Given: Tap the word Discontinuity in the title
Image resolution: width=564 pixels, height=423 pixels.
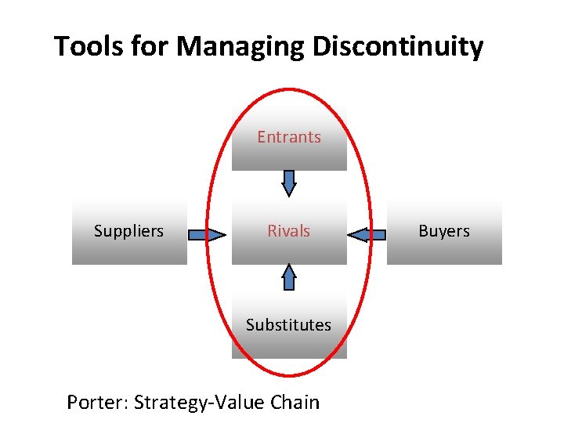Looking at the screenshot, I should coord(398,47).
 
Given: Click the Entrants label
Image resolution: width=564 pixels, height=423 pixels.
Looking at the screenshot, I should coord(289,137).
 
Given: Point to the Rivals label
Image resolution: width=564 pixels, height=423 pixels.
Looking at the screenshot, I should coord(289,231).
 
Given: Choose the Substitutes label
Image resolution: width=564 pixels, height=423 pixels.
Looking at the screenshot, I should coord(288,324).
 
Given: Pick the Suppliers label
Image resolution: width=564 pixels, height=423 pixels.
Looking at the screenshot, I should coord(128,231).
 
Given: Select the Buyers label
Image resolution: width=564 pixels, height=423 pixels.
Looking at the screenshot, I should coord(444,231).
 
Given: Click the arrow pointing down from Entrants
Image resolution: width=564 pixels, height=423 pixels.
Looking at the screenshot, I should coord(289,183).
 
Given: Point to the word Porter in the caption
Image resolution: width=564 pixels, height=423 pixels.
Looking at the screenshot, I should coord(97,403).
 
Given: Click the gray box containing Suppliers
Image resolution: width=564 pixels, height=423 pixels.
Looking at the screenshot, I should coord(129,251).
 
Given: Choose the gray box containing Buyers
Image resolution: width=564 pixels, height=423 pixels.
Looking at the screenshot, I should coord(444,251).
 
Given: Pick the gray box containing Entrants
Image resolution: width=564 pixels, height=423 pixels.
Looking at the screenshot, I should coord(289,157).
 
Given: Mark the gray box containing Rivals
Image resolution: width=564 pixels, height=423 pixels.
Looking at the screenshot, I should coord(289,251).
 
